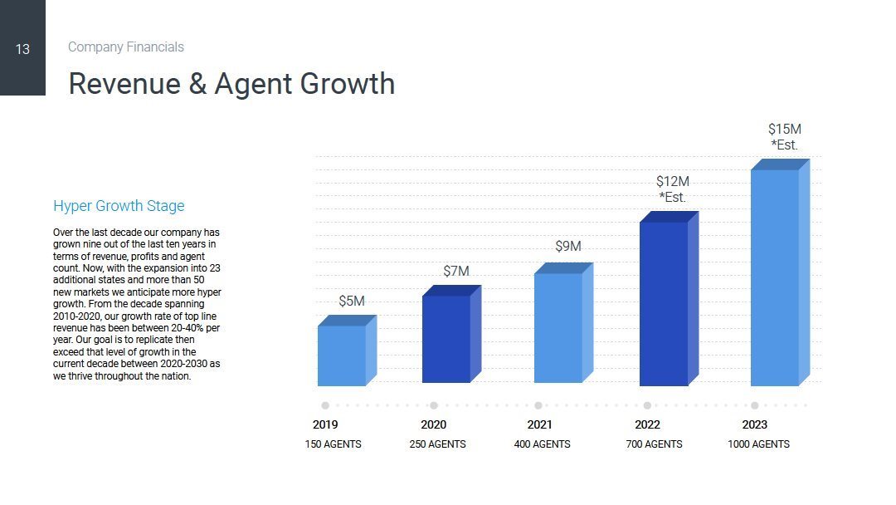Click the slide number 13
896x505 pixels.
22,49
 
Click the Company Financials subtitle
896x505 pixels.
126,47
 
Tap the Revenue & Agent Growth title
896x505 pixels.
231,84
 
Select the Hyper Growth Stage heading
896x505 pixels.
119,206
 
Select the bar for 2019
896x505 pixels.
342,355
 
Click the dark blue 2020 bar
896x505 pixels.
446,338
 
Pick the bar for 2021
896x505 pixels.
558,327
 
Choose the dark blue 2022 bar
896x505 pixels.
664,302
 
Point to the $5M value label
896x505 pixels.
352,301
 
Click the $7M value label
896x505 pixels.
456,272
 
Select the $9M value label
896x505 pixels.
568,247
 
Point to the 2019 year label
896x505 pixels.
325,424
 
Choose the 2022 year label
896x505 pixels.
647,424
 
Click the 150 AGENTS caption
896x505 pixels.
334,444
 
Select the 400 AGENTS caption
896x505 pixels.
543,444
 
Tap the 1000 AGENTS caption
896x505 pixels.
759,444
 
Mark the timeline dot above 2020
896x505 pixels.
434,405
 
